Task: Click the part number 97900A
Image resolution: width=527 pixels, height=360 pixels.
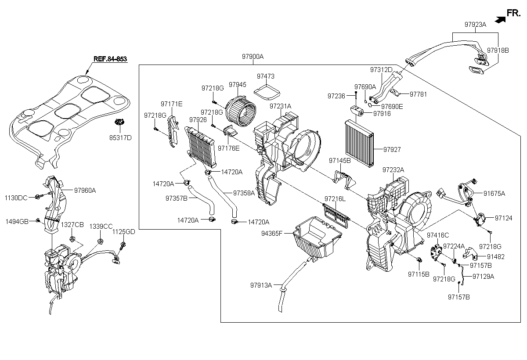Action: tap(253, 57)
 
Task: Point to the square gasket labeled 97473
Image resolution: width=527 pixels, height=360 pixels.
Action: tap(268, 92)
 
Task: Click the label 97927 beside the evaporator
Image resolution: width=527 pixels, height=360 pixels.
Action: tap(392, 150)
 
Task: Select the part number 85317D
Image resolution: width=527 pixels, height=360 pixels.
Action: tap(120, 138)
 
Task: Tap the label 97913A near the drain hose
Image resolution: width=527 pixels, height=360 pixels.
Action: tap(262, 285)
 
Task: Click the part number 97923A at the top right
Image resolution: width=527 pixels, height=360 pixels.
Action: tap(475, 25)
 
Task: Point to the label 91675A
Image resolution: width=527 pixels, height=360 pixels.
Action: tap(495, 193)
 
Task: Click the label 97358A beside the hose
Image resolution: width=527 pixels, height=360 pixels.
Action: tap(244, 193)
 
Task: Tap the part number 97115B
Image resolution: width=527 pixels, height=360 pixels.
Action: tap(418, 274)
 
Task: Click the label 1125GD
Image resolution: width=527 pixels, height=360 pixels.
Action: tap(124, 232)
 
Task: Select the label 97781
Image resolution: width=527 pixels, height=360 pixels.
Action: tap(419, 94)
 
